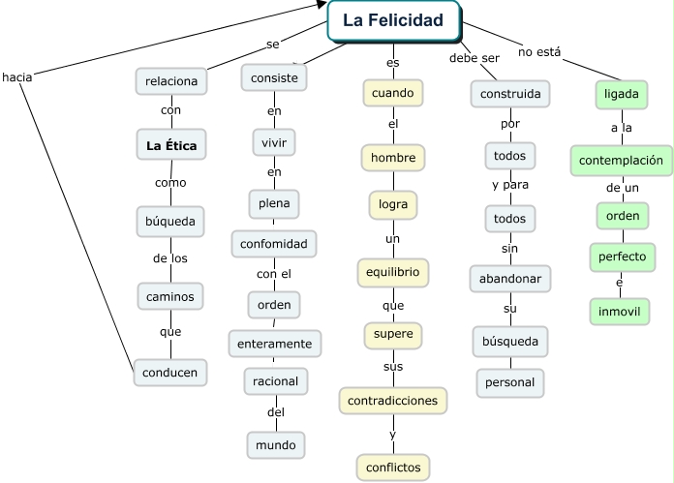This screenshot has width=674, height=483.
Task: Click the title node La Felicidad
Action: click(393, 20)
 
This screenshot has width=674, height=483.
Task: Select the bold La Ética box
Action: click(171, 146)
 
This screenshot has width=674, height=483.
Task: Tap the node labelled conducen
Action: click(170, 372)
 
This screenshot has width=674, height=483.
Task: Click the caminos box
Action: click(169, 295)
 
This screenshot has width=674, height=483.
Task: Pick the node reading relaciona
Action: click(170, 81)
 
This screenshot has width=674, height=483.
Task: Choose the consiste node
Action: click(274, 76)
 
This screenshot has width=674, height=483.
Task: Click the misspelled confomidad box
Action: click(274, 243)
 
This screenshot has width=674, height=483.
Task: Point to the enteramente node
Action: click(274, 343)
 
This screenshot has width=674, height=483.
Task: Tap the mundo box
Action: click(275, 445)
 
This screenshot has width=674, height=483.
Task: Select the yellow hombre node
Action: click(393, 157)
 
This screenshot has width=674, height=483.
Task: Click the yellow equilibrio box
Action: click(392, 272)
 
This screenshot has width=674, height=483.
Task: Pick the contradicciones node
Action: click(393, 399)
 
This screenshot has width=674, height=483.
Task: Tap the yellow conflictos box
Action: click(393, 467)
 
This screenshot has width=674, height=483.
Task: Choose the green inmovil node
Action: click(621, 312)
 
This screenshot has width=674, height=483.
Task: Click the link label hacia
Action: click(17, 76)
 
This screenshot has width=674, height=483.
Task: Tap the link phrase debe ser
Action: click(474, 58)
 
